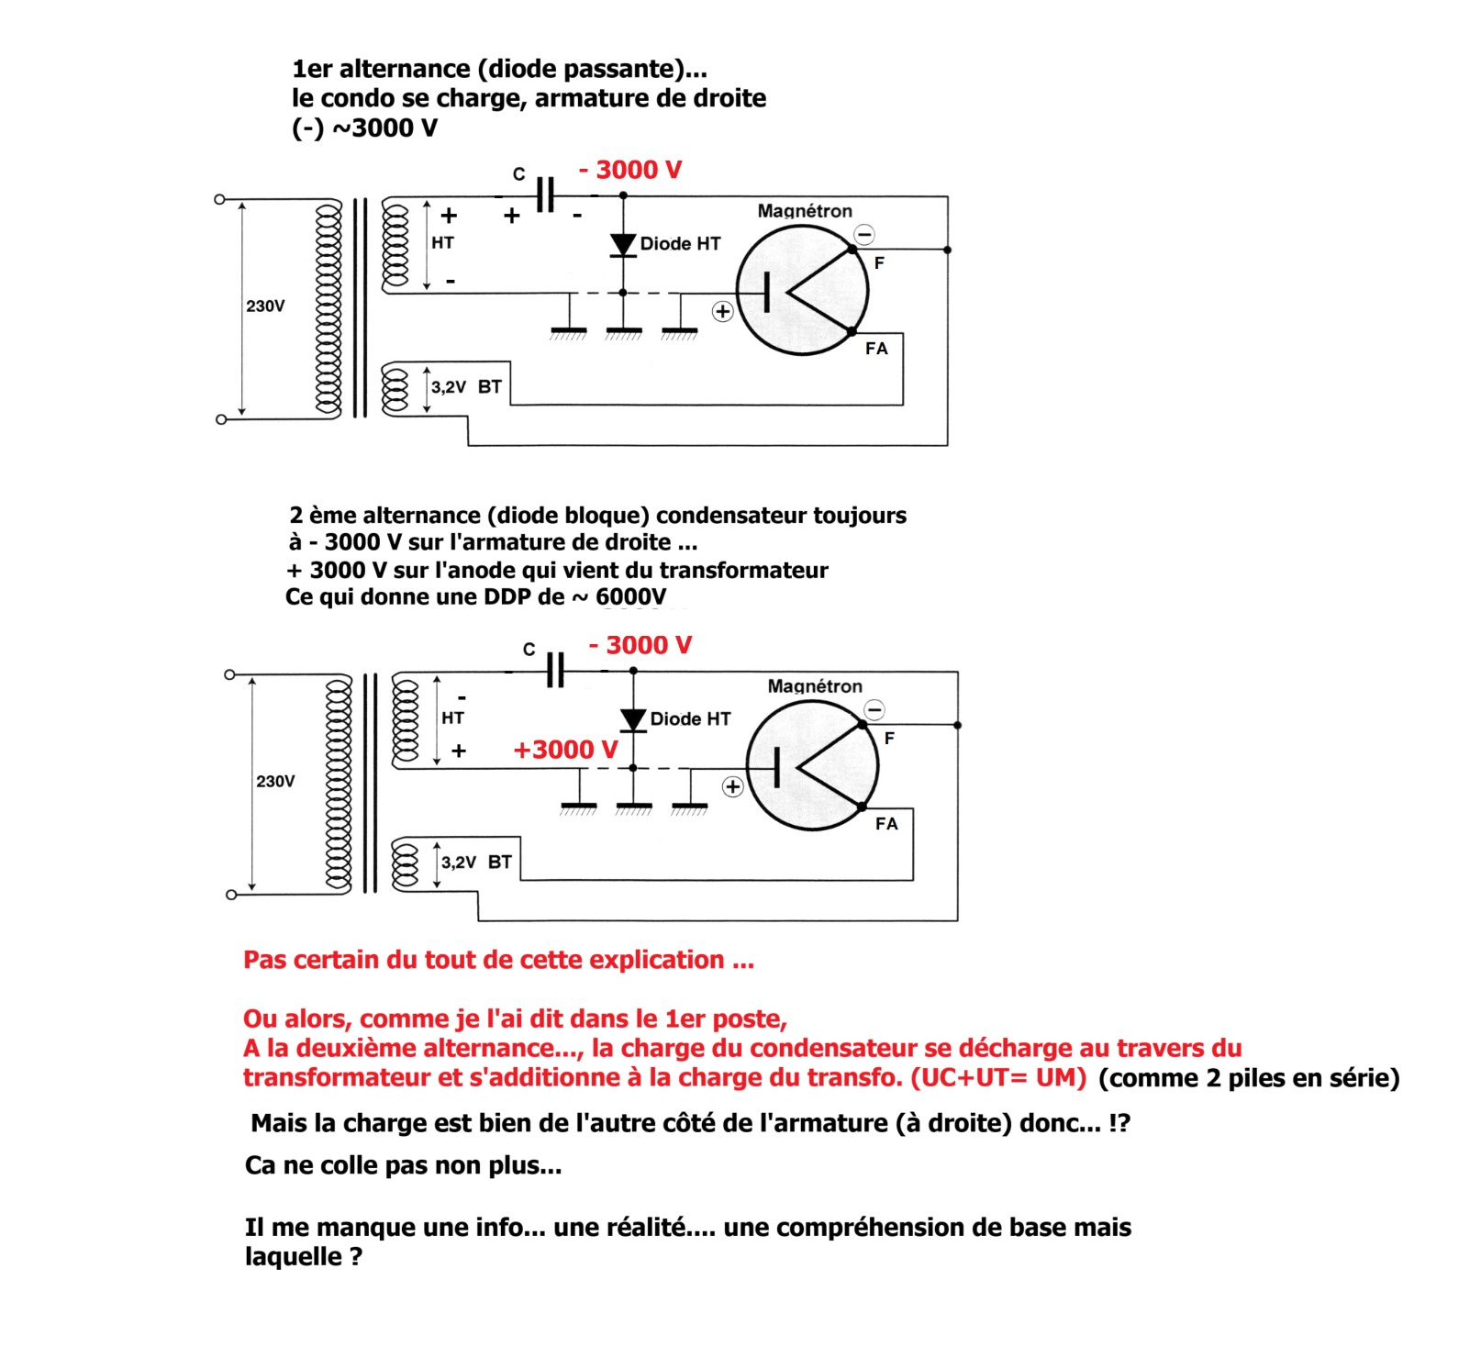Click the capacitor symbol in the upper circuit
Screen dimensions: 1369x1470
coord(545,195)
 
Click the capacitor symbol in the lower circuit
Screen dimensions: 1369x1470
coord(555,670)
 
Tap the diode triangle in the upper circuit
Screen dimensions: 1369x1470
coord(623,244)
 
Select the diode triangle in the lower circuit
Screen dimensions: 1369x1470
coord(633,719)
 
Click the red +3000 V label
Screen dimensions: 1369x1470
coord(565,750)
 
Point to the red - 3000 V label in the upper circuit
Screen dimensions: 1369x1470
coord(630,170)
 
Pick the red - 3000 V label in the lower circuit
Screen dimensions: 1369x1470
coord(640,645)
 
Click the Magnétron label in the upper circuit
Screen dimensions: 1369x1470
coord(805,211)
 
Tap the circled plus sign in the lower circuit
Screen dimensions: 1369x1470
coord(732,787)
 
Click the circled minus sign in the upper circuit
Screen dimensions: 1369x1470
coord(864,234)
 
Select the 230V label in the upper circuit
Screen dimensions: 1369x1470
coord(265,306)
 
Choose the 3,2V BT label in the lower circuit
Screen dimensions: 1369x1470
coord(476,863)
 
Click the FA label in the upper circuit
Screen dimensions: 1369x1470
coord(876,349)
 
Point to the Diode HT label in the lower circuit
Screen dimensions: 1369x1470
coord(690,719)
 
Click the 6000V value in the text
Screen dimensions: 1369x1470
coord(630,597)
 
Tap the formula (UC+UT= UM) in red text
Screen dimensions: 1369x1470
coord(998,1077)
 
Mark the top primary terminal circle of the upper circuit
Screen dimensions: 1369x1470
coord(219,199)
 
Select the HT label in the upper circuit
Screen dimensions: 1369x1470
coord(442,243)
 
